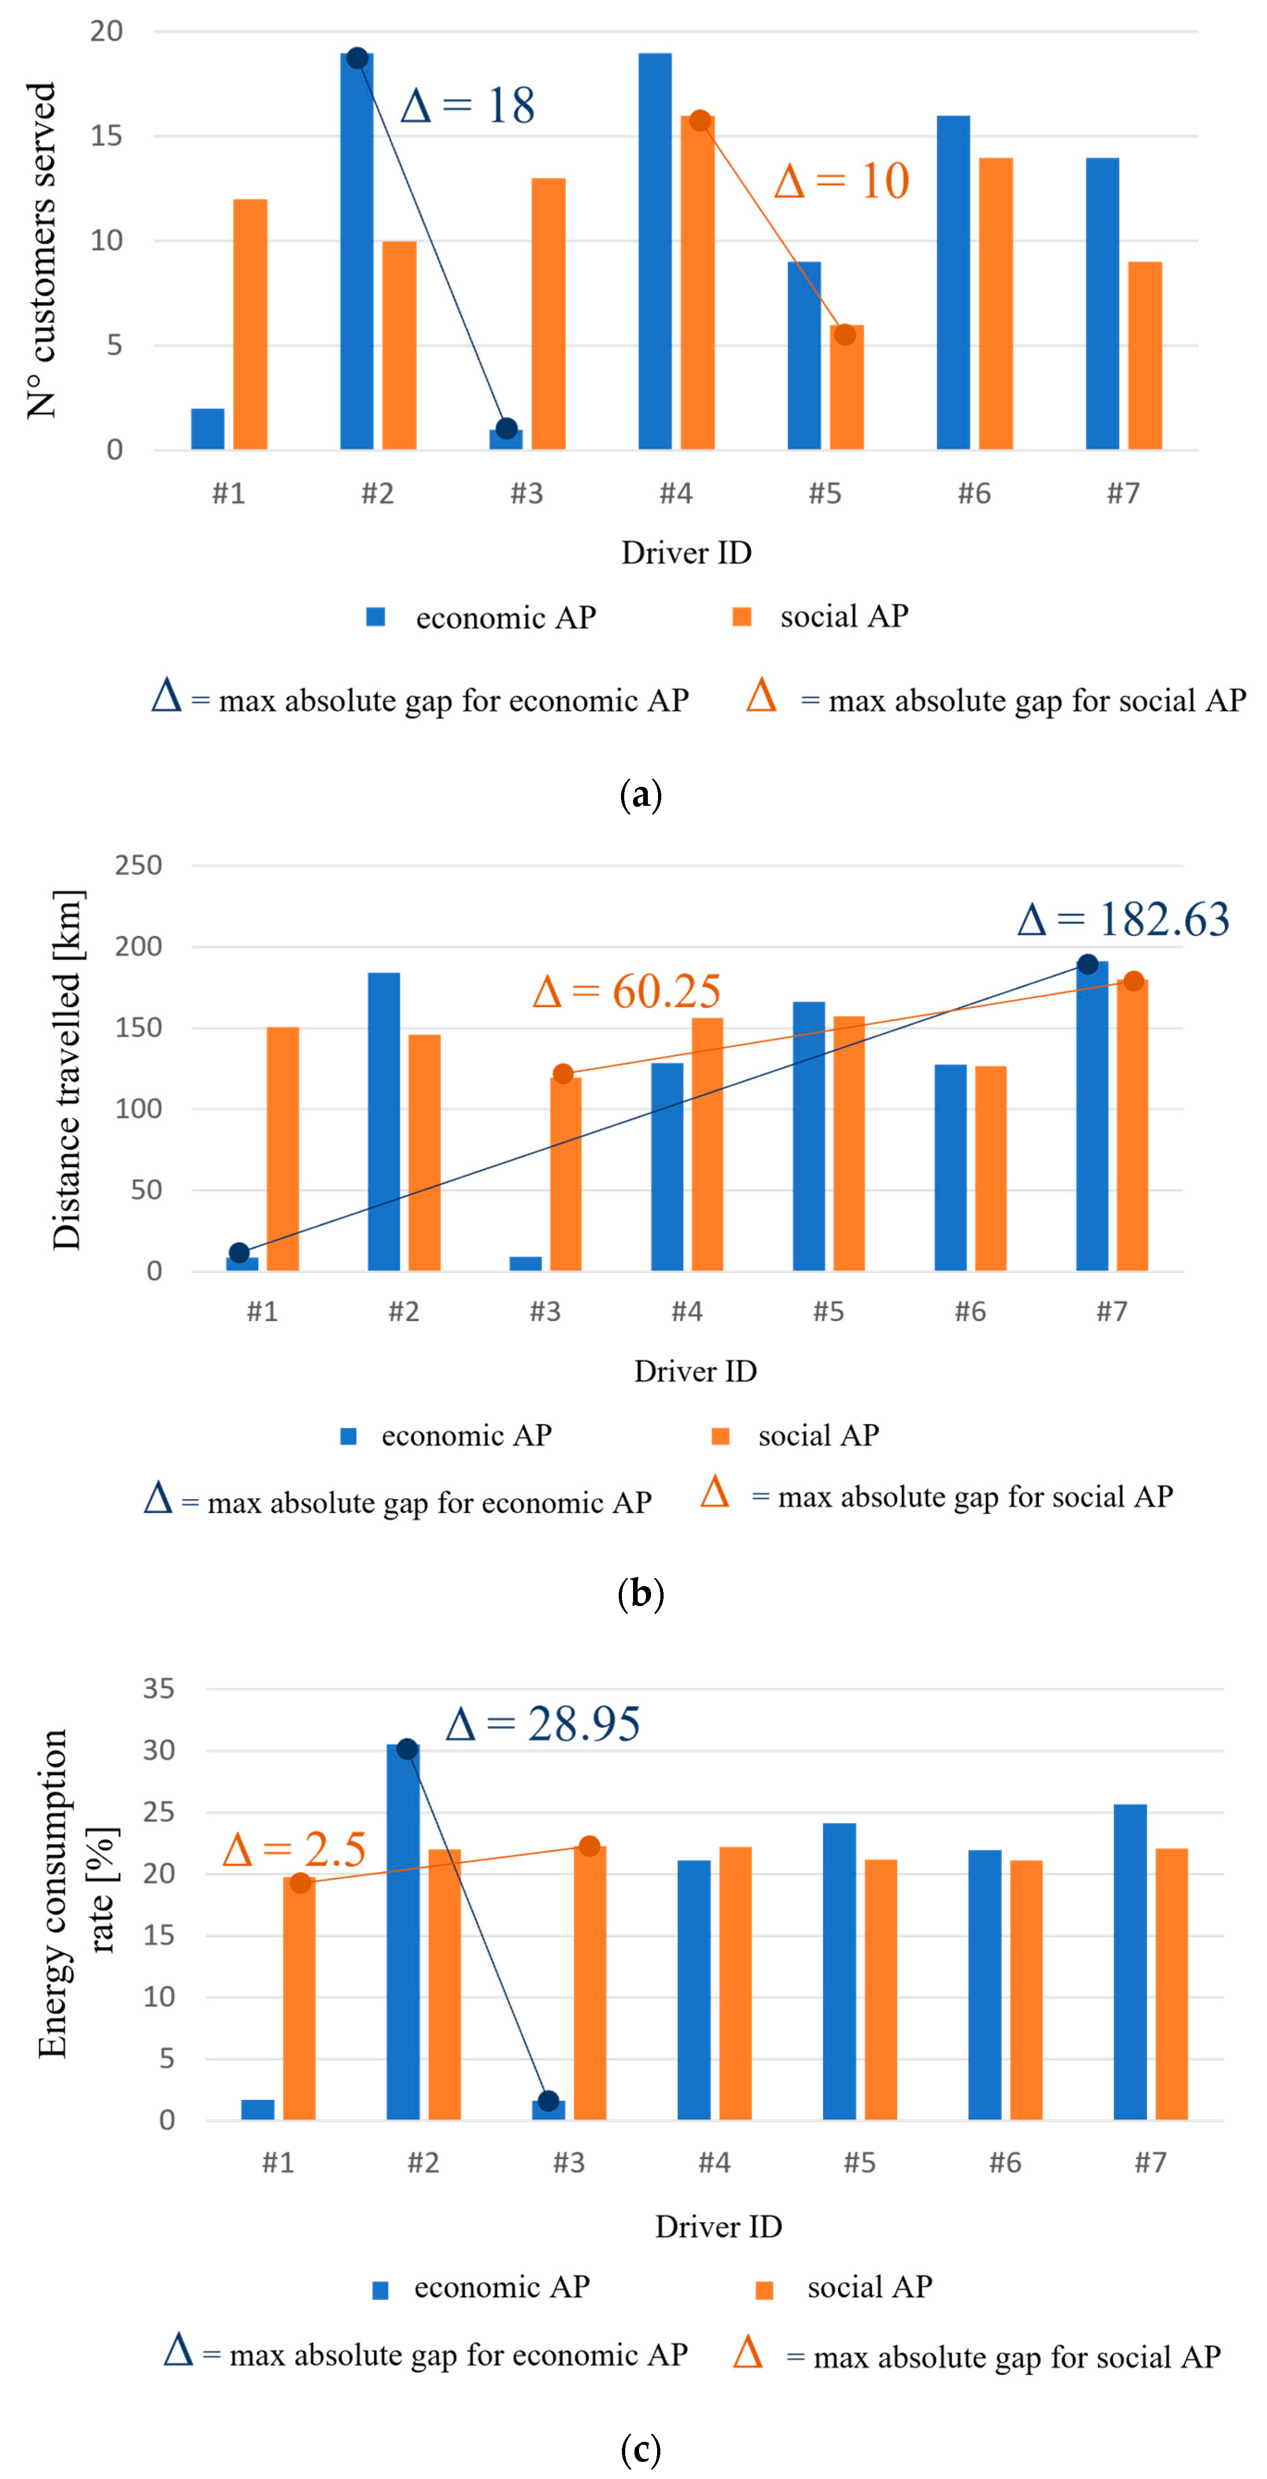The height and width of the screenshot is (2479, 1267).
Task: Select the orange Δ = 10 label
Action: click(842, 181)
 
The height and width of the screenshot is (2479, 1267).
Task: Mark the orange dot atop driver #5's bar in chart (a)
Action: click(845, 335)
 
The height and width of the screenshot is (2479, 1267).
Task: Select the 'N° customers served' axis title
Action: click(41, 250)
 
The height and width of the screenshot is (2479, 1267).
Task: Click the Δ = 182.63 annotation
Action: click(1123, 919)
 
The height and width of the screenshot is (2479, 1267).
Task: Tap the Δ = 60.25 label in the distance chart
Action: click(626, 991)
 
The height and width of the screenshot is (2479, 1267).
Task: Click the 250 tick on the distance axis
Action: click(138, 865)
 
